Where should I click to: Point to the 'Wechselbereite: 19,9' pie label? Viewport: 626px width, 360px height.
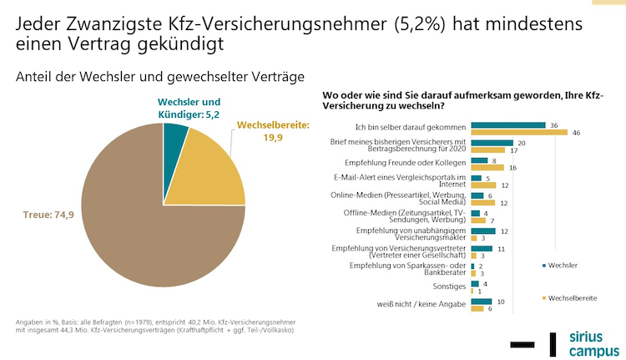[273, 131]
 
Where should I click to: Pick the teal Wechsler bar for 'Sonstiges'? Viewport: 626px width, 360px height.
[475, 284]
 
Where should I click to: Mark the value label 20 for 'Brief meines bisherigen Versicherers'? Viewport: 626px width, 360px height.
[521, 143]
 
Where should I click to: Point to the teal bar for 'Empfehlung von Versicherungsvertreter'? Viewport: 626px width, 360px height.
[482, 249]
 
